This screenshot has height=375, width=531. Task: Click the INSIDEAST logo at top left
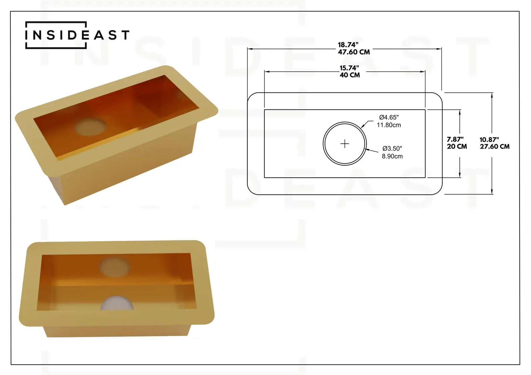(x=77, y=35)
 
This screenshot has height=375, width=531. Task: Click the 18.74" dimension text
(x=348, y=45)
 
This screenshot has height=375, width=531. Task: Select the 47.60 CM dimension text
(x=353, y=52)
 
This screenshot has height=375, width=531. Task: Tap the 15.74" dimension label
(x=349, y=68)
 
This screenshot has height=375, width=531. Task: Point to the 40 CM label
(x=350, y=75)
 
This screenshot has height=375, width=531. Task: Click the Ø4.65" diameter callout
(x=389, y=117)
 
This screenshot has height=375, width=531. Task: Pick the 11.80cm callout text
(x=389, y=125)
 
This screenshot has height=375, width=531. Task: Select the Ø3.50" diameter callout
(x=392, y=148)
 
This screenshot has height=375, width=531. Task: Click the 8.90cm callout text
(x=392, y=156)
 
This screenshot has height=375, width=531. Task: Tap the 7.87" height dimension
(x=455, y=139)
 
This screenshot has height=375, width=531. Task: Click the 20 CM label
(x=456, y=147)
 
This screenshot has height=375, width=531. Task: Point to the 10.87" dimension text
(x=489, y=140)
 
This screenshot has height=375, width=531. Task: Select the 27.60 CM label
(x=495, y=147)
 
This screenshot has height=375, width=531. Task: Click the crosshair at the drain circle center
(x=344, y=144)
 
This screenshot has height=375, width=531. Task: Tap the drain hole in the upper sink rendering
(x=91, y=126)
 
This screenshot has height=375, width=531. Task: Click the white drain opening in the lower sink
(x=117, y=304)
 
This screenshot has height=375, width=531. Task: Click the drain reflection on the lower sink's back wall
(x=115, y=267)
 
